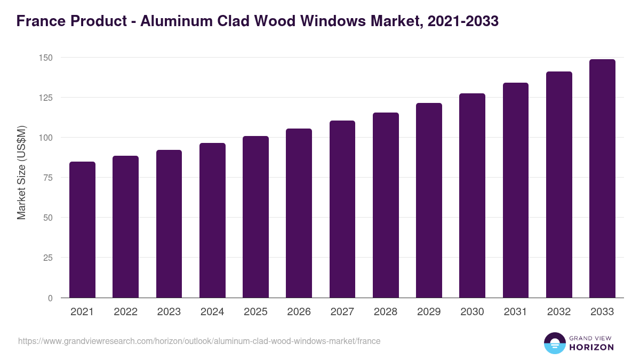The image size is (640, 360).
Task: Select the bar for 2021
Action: coord(82,230)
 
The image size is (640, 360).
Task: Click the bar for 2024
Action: coord(212,220)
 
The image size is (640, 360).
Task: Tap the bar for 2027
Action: coord(342,209)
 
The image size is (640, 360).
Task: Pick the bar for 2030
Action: coord(472,196)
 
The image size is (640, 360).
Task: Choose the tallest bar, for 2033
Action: coord(602,179)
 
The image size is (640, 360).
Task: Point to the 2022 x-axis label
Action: coord(125,312)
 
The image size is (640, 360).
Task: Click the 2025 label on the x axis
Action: coord(255,312)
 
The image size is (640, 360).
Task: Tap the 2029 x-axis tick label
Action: coord(429,312)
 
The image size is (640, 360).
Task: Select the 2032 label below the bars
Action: coord(559,312)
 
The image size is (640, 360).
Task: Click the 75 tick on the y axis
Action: coord(47,178)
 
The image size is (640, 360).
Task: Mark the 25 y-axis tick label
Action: coord(47,258)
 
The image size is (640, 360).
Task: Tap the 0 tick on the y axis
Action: coord(50,298)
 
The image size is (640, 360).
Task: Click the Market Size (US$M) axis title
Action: coord(21,172)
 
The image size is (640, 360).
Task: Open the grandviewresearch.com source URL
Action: coord(199,341)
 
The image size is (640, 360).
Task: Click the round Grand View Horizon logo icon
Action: coord(555,343)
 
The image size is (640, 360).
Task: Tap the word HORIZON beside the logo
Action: coord(592,347)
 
